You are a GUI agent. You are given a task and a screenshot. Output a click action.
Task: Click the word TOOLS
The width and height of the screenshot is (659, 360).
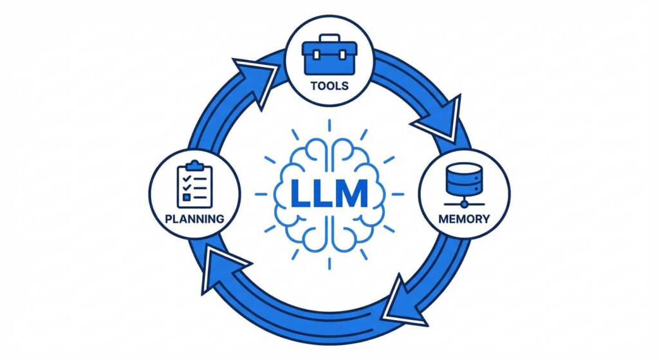point(329,85)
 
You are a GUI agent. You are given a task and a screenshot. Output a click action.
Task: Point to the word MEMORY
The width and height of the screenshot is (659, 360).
point(464,218)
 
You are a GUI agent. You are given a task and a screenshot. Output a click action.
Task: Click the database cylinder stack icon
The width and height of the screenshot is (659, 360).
point(464,180)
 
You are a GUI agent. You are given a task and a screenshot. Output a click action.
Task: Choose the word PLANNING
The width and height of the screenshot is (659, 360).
point(194,218)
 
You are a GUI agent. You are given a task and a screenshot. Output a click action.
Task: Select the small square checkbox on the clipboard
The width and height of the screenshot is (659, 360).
point(187,196)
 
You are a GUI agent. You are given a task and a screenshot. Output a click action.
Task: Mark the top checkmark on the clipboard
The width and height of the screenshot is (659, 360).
point(187,176)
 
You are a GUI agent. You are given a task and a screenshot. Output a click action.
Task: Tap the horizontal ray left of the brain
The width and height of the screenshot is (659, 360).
point(261,193)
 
